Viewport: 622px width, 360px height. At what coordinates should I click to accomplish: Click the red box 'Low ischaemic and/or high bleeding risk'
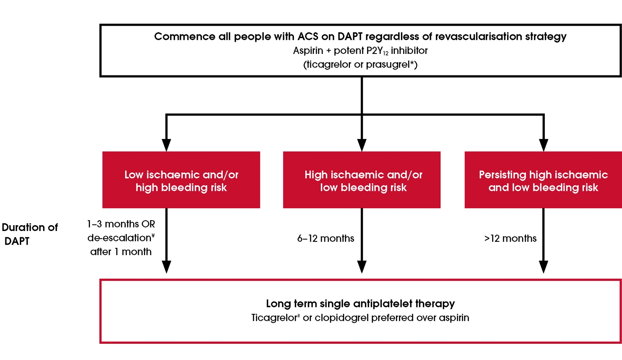[181, 180]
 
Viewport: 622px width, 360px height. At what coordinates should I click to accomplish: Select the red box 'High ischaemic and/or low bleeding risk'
[362, 180]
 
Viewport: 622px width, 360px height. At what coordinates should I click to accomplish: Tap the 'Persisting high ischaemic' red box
[543, 180]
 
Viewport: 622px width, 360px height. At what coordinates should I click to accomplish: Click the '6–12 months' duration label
[326, 238]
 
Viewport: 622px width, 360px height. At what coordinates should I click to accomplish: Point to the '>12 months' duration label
[510, 238]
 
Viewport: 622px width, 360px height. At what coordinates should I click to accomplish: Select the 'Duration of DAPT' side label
[29, 234]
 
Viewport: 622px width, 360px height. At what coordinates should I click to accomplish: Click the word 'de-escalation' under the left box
[119, 238]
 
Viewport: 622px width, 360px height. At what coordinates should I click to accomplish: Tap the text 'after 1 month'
[121, 252]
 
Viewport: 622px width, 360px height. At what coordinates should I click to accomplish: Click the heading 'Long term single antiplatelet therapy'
[360, 304]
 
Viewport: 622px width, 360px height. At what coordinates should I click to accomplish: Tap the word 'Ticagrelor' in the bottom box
[274, 318]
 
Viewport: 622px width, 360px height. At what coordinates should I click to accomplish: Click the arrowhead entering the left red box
[166, 145]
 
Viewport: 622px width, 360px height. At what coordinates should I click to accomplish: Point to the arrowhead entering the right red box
[543, 145]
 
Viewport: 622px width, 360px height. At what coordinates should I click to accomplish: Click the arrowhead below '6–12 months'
[362, 267]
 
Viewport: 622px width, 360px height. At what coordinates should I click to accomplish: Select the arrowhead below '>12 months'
[543, 267]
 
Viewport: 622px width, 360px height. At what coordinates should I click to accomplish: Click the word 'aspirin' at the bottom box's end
[454, 318]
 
